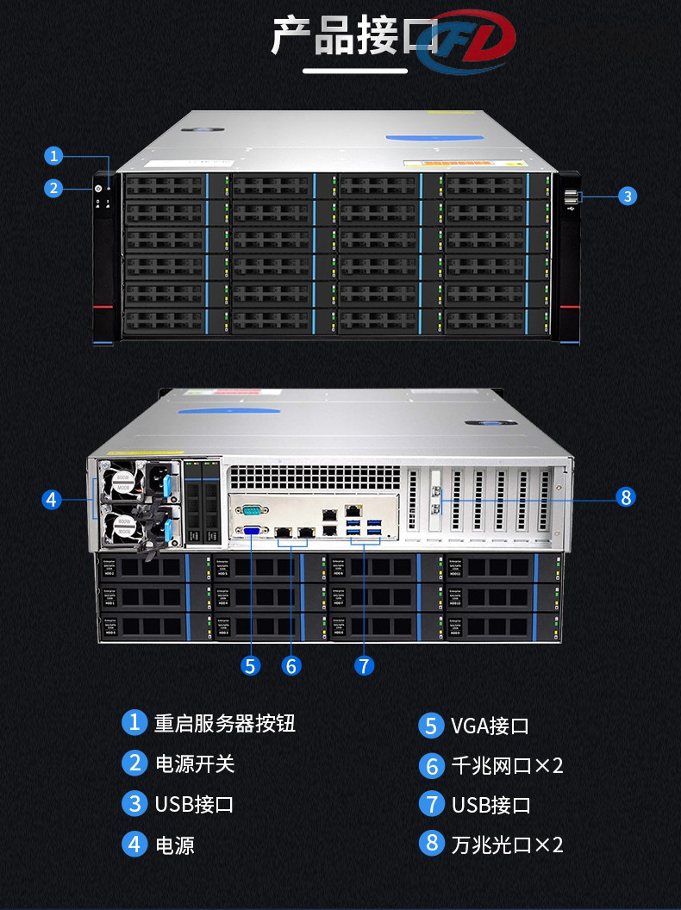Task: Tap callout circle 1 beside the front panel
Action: [54, 156]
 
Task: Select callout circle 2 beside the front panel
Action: [54, 188]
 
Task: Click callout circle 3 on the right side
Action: [628, 196]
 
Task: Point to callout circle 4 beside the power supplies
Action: [52, 499]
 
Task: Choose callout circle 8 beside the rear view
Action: [627, 496]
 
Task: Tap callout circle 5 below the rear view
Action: [251, 665]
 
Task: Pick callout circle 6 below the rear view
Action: [291, 665]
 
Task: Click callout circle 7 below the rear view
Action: [365, 665]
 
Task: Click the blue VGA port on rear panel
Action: [253, 532]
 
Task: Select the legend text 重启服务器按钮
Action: [224, 723]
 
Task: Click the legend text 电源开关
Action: [195, 764]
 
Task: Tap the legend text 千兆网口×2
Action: [507, 765]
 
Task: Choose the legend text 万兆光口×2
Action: [507, 845]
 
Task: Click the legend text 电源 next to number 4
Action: [175, 845]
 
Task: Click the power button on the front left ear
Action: [98, 190]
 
